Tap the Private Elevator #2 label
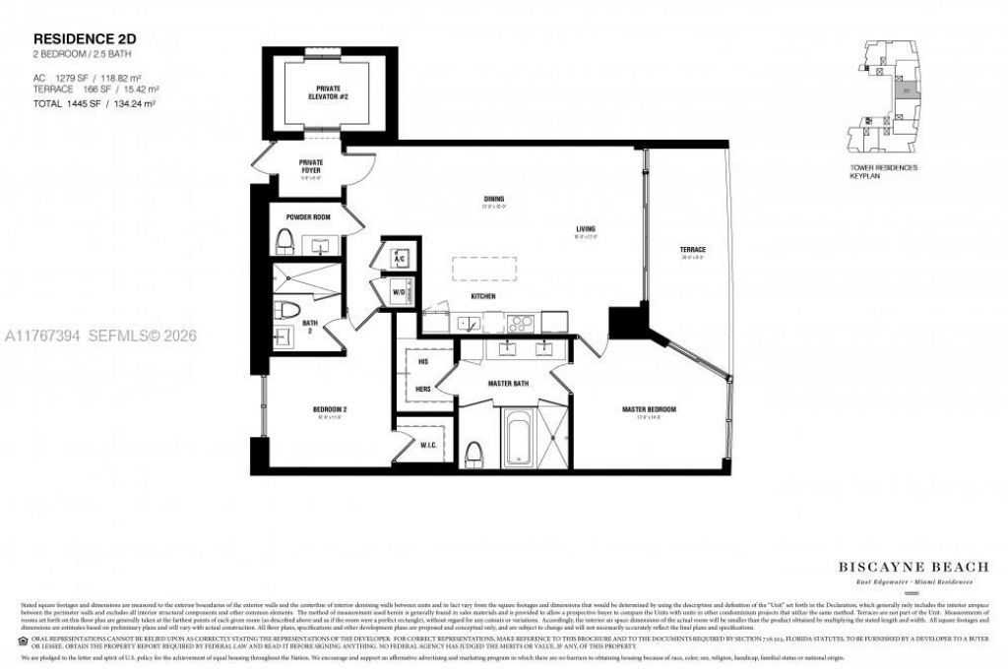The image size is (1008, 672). click(x=329, y=91)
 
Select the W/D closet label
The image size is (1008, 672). click(x=399, y=291)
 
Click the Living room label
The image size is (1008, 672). click(x=586, y=231)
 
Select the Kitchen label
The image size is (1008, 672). click(x=482, y=296)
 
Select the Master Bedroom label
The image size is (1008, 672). click(x=648, y=409)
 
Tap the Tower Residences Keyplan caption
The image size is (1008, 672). click(x=883, y=172)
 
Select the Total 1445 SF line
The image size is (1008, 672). click(x=82, y=103)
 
